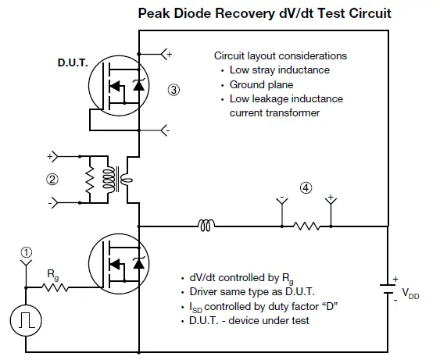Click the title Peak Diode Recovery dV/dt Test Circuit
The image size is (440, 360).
click(264, 13)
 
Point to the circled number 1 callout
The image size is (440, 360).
click(27, 251)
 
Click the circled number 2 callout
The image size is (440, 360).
click(52, 178)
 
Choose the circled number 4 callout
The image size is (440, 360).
click(306, 187)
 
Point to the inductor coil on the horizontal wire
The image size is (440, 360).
click(207, 226)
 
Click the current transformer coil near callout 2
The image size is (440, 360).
click(119, 179)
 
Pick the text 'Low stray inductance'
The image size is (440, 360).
click(279, 70)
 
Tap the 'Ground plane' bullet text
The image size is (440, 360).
click(259, 84)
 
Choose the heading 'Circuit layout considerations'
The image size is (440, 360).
click(280, 55)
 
